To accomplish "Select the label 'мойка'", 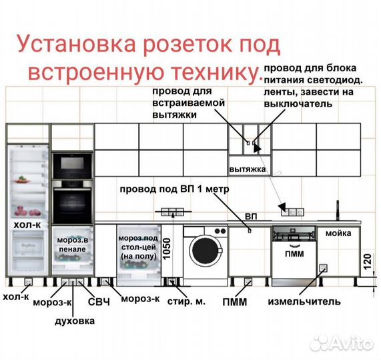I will coord(338,234).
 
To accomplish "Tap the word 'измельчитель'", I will coord(304,301).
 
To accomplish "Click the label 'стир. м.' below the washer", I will coord(184,302).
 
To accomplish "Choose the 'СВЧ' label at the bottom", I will coord(99,301).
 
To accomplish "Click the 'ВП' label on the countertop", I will coord(250,216).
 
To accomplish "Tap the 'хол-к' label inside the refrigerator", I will coord(27,227).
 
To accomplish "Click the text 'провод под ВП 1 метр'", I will coord(174,189).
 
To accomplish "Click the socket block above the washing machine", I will coord(172,212).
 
